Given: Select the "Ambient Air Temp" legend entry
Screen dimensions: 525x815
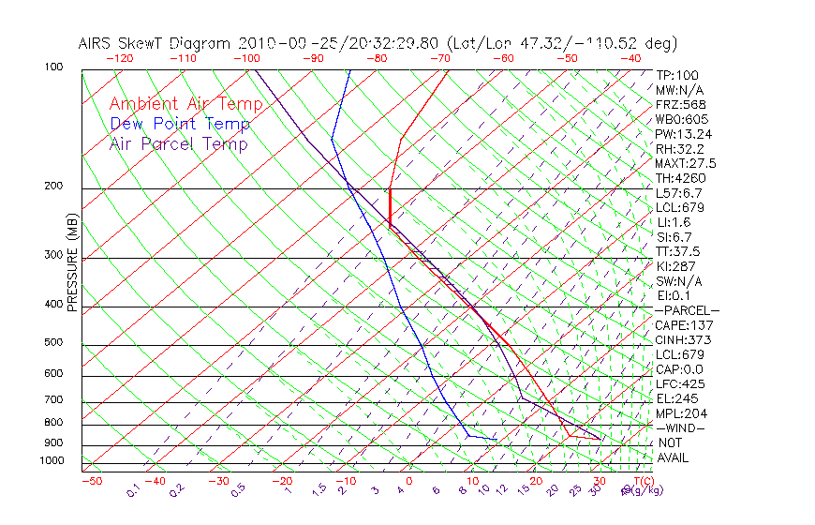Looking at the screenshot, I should click(x=185, y=104).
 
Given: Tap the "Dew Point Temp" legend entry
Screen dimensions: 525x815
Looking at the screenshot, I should click(x=180, y=124).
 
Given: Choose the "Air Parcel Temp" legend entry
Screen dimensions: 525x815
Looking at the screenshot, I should click(x=178, y=143).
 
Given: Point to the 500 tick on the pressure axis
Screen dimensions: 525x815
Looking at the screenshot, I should click(x=52, y=343).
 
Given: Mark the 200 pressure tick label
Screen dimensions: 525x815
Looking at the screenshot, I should click(x=52, y=187).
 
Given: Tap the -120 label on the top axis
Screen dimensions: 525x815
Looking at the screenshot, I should click(x=119, y=58).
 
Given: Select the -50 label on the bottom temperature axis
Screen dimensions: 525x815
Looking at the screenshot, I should click(x=91, y=481).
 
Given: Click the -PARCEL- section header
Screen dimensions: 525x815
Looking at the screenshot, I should click(x=687, y=310).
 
